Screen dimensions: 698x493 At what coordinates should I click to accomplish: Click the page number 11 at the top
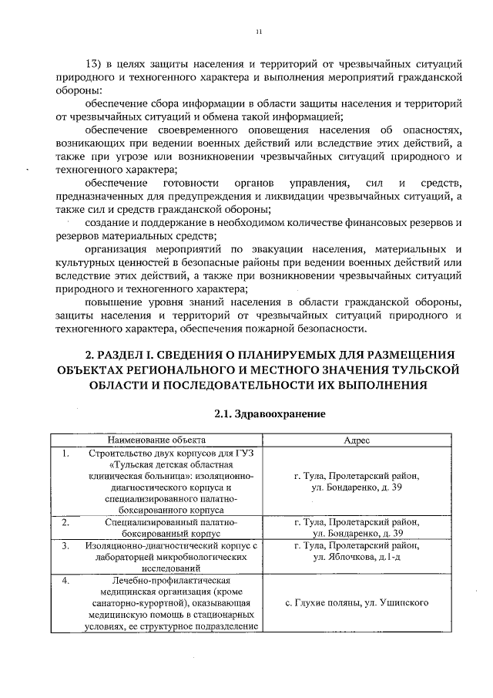tap(260, 32)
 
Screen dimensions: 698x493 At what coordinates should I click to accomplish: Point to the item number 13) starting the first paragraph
tap(94, 62)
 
